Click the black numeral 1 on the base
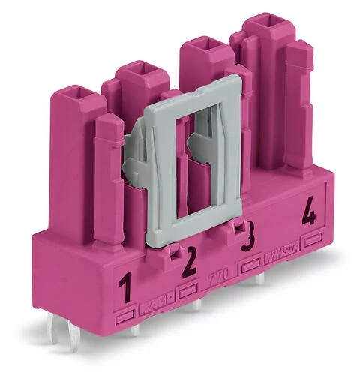click(x=125, y=286)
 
